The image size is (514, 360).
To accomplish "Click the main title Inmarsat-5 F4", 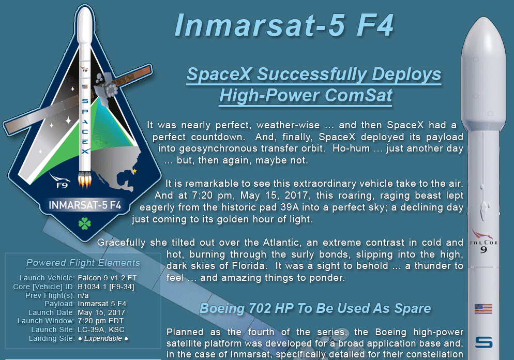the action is click(x=284, y=25).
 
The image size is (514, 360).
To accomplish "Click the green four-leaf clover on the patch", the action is click(x=85, y=223).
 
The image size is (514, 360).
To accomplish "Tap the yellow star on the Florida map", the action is click(x=134, y=171).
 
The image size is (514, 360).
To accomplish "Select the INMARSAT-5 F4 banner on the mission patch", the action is click(x=85, y=205).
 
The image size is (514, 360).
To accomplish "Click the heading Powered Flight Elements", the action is click(x=83, y=263).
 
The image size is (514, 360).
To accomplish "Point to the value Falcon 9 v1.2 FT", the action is click(x=107, y=278).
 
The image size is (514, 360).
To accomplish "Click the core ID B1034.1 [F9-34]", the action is click(x=106, y=287).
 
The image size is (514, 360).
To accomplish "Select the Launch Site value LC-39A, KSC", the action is click(x=101, y=329).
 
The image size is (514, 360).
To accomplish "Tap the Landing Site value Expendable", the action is click(x=103, y=338).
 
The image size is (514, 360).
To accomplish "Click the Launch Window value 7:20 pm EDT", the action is click(x=101, y=321).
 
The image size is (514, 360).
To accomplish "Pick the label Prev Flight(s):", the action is click(x=50, y=295).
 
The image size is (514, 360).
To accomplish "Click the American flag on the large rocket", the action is click(x=483, y=309).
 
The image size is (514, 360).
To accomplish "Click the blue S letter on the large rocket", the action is click(x=484, y=342).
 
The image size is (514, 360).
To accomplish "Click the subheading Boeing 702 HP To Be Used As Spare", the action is click(x=315, y=308).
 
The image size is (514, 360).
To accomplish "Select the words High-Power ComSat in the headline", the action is click(x=306, y=95).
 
